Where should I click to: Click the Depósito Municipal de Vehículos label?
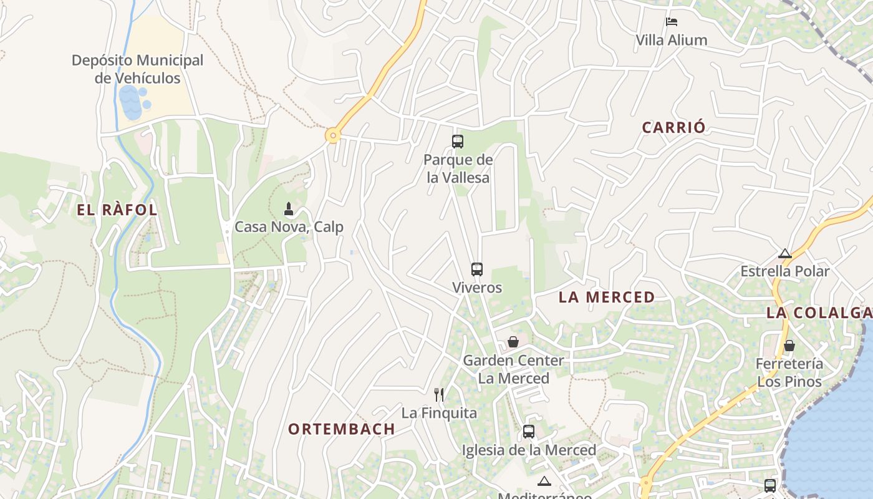point(137,69)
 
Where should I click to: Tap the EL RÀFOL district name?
point(117,210)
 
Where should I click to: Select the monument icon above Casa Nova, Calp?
point(289,208)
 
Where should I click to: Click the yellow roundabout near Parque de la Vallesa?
point(333,135)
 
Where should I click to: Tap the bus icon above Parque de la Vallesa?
point(458,142)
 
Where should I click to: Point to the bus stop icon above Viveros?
point(477,269)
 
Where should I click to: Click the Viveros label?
point(477,288)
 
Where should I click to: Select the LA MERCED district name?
point(607,298)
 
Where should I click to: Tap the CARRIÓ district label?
point(674,128)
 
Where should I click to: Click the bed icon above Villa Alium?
point(672,22)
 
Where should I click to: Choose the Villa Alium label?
point(672,41)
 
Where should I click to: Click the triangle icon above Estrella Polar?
point(785,254)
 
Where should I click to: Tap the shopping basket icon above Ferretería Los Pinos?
point(789,346)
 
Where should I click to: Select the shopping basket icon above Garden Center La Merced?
point(513,342)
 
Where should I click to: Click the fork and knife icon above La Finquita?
point(439,394)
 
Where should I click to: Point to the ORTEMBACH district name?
point(341,429)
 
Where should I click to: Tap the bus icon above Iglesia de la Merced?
point(529,432)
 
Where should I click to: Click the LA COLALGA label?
point(819,313)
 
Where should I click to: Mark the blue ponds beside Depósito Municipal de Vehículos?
point(133,102)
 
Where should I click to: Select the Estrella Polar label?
point(785,271)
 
